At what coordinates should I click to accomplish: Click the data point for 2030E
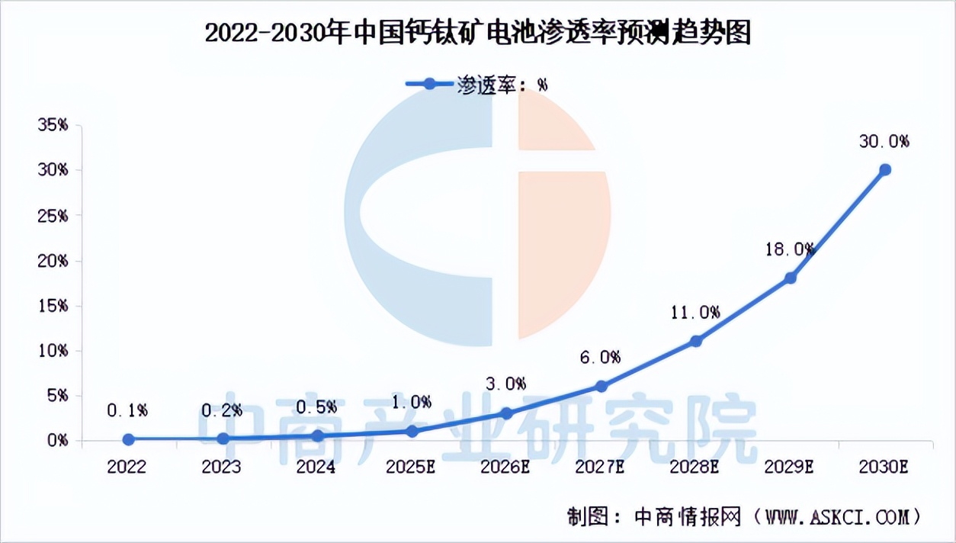click(884, 169)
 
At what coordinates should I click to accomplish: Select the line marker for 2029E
click(791, 278)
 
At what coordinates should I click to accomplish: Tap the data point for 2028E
click(695, 341)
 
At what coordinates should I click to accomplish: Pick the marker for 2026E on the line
click(506, 413)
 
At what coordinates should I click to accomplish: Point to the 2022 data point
click(128, 439)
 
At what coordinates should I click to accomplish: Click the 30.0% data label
click(884, 141)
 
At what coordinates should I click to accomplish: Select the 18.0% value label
click(790, 249)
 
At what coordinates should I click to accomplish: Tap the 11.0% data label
click(695, 312)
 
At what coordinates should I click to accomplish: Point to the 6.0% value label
click(601, 357)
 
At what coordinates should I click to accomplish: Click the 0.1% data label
click(127, 410)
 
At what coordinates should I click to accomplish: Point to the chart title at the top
click(478, 34)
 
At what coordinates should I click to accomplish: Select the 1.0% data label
click(412, 402)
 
